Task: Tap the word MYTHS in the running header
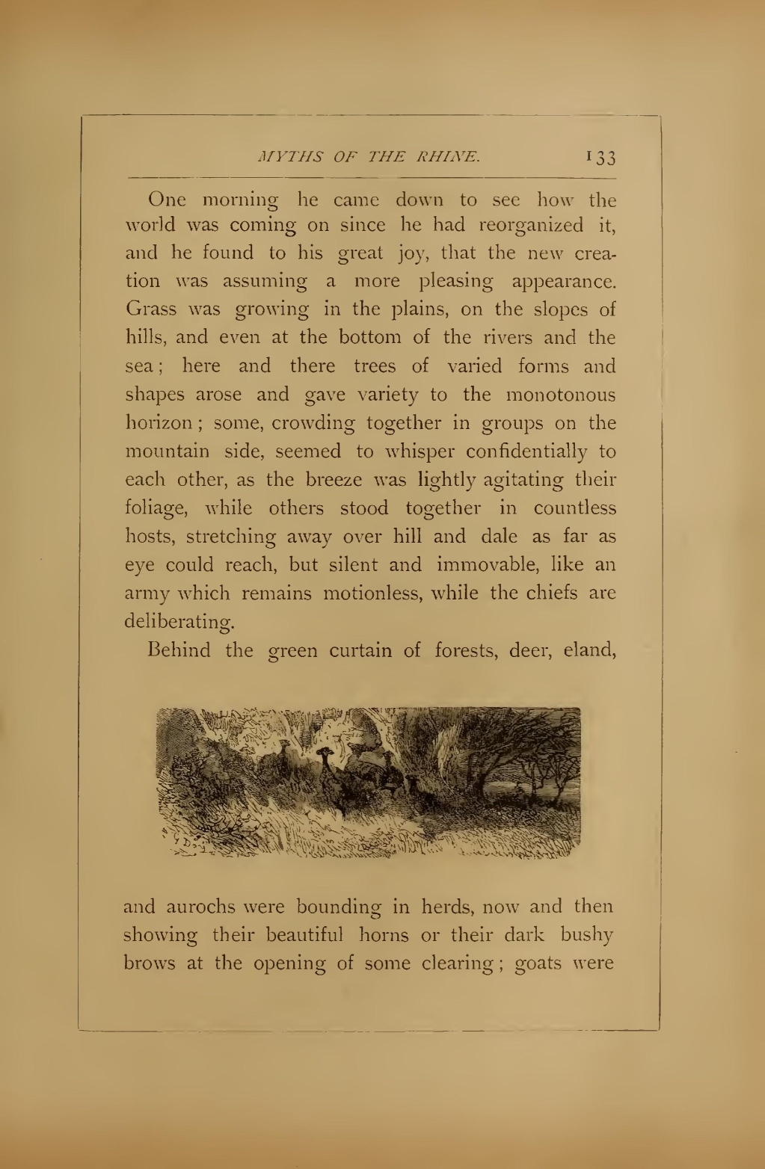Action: (x=282, y=157)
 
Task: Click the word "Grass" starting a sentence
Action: (x=151, y=309)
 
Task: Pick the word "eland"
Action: (x=589, y=650)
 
